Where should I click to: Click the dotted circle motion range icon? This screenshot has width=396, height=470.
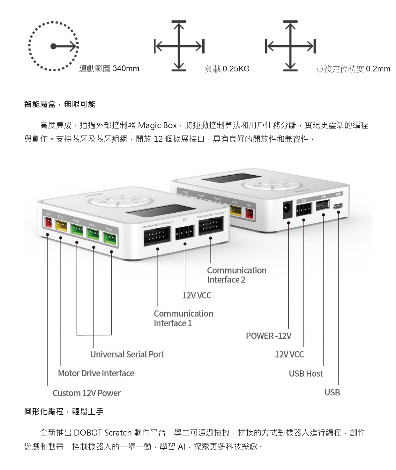pos(53,47)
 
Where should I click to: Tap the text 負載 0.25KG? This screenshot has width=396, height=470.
pos(227,69)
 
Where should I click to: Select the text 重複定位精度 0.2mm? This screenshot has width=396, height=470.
pos(353,69)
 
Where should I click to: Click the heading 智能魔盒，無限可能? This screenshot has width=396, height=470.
pos(60,104)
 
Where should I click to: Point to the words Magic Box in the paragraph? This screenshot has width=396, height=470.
pos(157,125)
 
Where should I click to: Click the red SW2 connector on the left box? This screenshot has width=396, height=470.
pos(48,223)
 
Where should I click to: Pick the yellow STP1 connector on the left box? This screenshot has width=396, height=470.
pos(61,225)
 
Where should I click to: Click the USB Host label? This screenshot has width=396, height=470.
pos(306,373)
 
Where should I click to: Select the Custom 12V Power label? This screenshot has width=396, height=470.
pos(86,393)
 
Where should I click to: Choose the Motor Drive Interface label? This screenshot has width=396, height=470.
pos(96,373)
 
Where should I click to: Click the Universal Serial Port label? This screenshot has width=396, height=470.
pos(127,354)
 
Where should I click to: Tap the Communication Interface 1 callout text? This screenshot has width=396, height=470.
pos(183,318)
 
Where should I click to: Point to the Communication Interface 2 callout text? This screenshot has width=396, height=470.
pos(236,275)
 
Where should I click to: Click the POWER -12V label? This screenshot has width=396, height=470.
pos(268,336)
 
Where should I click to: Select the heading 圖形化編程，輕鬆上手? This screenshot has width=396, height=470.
pos(64,412)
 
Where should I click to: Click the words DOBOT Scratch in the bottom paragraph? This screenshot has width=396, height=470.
pos(102,433)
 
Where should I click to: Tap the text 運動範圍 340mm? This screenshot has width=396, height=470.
pos(109,69)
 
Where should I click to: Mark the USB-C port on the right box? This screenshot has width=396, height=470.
pos(338,206)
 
